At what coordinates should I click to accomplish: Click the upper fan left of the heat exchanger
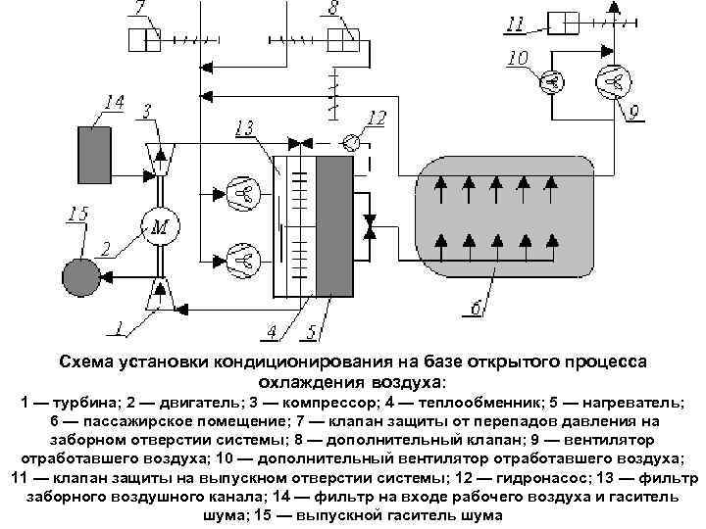(x=239, y=191)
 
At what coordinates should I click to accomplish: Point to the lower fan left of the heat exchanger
(x=239, y=260)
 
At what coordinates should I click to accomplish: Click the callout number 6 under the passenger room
(x=475, y=310)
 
